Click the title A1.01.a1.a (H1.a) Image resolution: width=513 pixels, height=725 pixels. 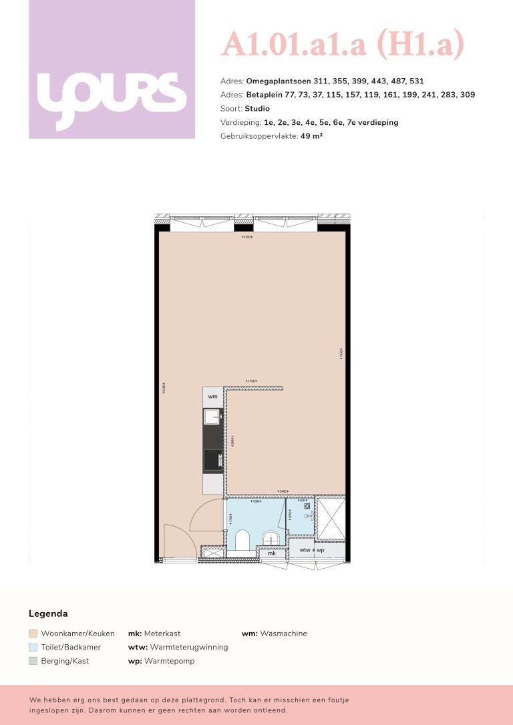pyautogui.click(x=342, y=45)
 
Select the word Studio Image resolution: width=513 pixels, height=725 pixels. pyautogui.click(x=257, y=108)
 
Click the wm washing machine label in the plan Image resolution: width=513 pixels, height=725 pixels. pyautogui.click(x=213, y=397)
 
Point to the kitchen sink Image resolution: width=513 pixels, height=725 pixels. pyautogui.click(x=212, y=418)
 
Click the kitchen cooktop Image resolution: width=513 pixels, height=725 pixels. pyautogui.click(x=213, y=459)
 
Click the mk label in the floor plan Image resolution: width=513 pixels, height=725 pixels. pyautogui.click(x=271, y=553)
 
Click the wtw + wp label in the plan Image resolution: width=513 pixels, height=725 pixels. pyautogui.click(x=312, y=550)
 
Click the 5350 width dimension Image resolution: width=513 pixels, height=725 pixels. pyautogui.click(x=247, y=238)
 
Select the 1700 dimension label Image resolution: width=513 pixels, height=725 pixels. pyautogui.click(x=251, y=381)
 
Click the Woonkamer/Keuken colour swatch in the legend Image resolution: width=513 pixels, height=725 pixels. pyautogui.click(x=33, y=634)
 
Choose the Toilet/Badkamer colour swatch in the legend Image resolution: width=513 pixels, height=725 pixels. pyautogui.click(x=33, y=647)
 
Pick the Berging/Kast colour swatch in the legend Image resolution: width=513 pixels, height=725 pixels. pyautogui.click(x=33, y=661)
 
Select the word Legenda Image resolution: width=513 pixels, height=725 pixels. pyautogui.click(x=48, y=614)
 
